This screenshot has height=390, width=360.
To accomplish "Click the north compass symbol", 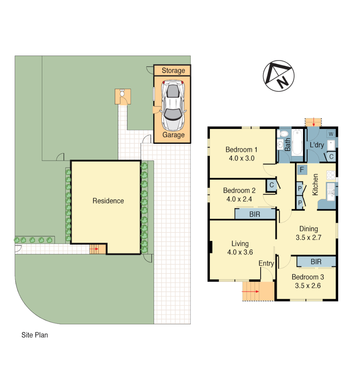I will coord(278,76).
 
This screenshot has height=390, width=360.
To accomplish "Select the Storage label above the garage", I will coord(173,70).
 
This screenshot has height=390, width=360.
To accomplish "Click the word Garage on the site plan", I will coord(173,135).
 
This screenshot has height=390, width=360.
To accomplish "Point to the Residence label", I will coord(108,201).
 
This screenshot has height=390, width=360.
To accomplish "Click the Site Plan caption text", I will coord(35,335).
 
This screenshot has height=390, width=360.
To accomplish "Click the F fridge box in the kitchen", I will coord(302,169).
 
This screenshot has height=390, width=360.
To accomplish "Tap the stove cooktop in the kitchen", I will coord(331,175).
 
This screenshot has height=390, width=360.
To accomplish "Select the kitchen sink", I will coord(330,191).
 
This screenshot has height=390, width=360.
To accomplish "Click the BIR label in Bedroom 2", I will coord(255,214).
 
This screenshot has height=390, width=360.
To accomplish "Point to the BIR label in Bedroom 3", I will coord(316,262).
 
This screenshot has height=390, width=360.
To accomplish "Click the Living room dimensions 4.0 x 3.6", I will coord(240,252).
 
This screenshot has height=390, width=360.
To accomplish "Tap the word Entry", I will coord(266,264).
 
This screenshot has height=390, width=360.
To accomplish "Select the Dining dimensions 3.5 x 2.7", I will coord(308,238).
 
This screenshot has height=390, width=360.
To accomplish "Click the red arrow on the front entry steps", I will coord(250,291).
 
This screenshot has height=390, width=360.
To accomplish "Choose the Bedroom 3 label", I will coord(308,277).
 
